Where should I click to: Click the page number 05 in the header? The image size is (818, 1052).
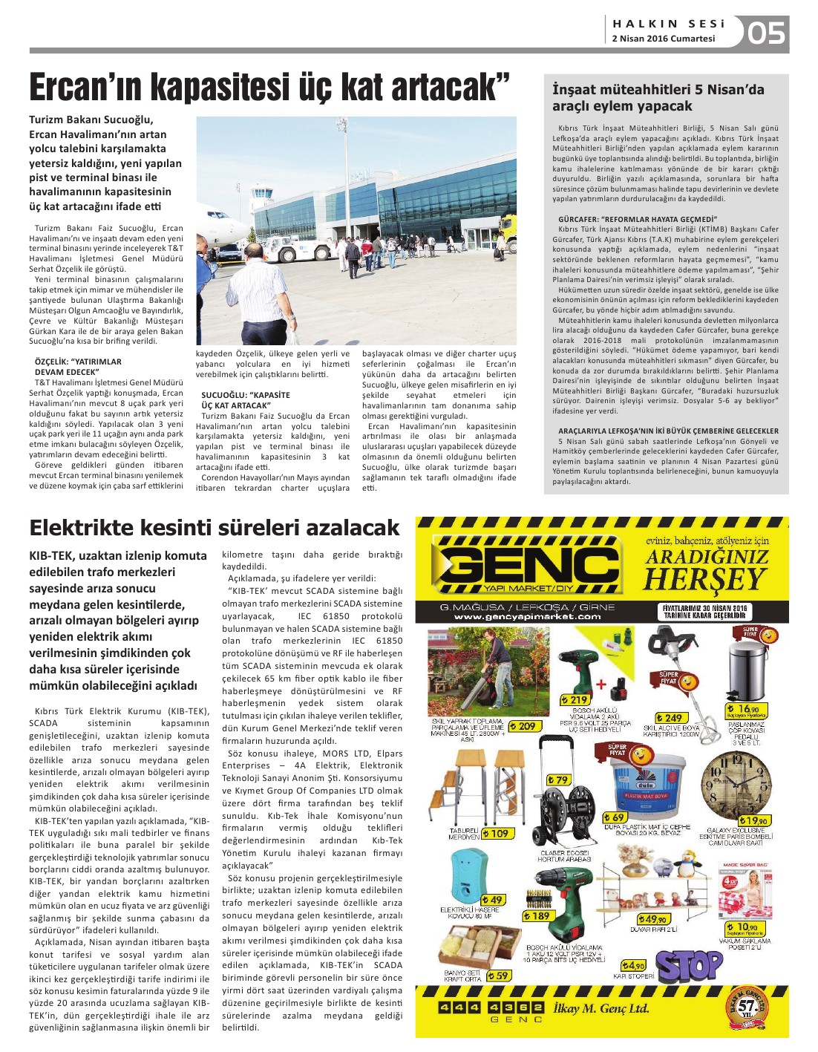tap(766, 33)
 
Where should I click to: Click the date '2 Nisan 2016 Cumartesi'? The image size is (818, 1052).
tap(663, 39)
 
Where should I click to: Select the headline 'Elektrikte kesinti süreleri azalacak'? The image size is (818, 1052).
tap(215, 528)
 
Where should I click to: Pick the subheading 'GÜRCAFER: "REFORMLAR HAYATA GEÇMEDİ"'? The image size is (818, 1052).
tap(638, 219)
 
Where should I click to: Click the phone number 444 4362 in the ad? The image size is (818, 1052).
tap(490, 1007)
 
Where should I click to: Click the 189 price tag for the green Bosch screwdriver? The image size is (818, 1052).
tap(537, 915)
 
